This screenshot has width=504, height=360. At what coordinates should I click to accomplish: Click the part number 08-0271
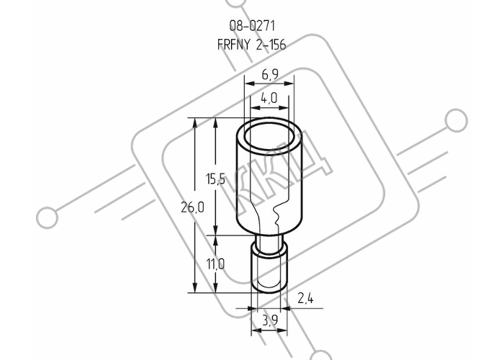pyautogui.click(x=252, y=26)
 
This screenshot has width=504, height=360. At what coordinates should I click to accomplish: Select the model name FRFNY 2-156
pyautogui.click(x=252, y=45)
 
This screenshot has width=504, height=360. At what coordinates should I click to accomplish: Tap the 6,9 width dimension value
pyautogui.click(x=269, y=74)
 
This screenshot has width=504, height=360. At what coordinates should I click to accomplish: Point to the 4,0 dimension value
pyautogui.click(x=269, y=98)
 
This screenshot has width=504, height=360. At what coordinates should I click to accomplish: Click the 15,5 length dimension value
pyautogui.click(x=215, y=179)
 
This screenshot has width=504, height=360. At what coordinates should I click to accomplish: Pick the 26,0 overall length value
pyautogui.click(x=192, y=207)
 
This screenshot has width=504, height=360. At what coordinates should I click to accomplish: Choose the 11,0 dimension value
pyautogui.click(x=215, y=264)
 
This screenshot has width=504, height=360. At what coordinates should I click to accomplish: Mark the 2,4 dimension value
pyautogui.click(x=305, y=299)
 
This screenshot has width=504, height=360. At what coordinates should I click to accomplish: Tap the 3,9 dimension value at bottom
pyautogui.click(x=269, y=320)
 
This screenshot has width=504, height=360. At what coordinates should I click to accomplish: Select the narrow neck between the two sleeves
pyautogui.click(x=269, y=240)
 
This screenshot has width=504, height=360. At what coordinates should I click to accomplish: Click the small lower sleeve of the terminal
pyautogui.click(x=269, y=269)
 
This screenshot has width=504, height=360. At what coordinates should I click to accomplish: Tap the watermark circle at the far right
pyautogui.click(x=456, y=120)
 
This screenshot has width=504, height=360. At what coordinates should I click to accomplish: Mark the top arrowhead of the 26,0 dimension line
pyautogui.click(x=194, y=123)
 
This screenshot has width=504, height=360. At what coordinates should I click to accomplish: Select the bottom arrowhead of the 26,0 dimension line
pyautogui.click(x=194, y=288)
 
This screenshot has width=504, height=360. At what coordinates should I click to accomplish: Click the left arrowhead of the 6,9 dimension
pyautogui.click(x=249, y=84)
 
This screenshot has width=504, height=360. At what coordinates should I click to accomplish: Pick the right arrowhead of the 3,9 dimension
pyautogui.click(x=282, y=330)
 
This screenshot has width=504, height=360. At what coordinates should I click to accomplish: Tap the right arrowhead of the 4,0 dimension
pyautogui.click(x=284, y=108)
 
